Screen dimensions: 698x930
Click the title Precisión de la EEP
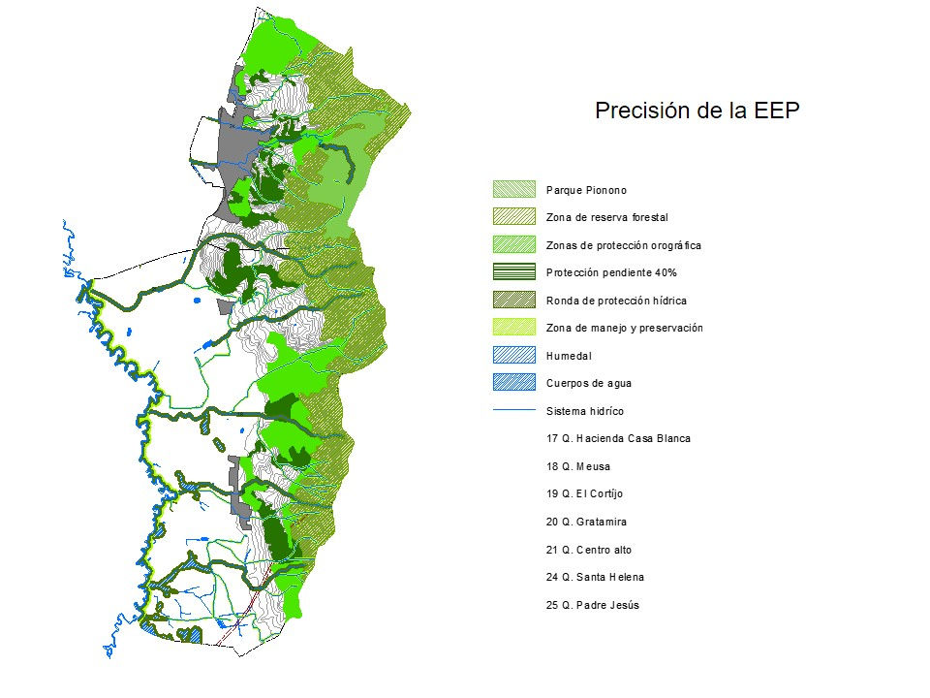[697, 111]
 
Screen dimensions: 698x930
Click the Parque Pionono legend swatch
[513, 190]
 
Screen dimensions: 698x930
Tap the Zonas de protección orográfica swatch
[513, 245]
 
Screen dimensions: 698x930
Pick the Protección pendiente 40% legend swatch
[513, 272]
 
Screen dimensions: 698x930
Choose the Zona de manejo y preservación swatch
[513, 328]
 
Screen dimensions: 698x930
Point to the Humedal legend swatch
[513, 356]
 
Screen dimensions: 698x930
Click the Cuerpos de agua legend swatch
[513, 383]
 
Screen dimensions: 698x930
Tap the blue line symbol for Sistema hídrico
[513, 411]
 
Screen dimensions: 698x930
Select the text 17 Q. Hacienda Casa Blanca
[618, 438]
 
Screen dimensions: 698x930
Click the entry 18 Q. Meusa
[577, 466]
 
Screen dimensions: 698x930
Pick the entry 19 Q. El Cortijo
[585, 493]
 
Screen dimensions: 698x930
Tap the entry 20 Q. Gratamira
[586, 522]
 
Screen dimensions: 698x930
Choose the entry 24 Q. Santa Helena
[595, 577]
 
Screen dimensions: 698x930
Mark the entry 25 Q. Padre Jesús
[592, 605]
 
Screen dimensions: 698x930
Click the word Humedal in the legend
[569, 356]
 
